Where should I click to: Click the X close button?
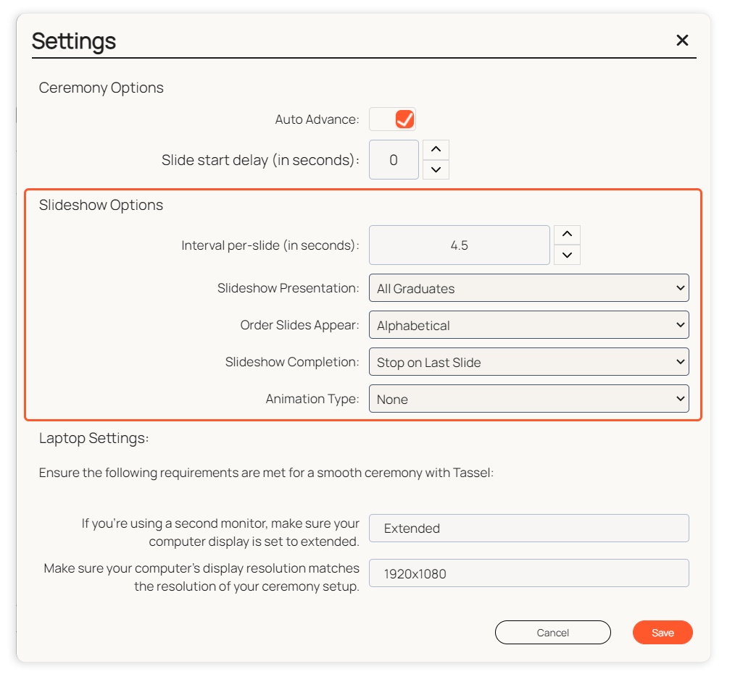pos(682,41)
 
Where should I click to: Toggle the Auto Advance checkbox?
pos(404,119)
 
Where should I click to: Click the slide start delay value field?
pos(394,160)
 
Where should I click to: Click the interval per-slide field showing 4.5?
pos(460,245)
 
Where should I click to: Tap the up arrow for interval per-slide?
pos(567,235)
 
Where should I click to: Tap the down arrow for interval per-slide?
pos(567,255)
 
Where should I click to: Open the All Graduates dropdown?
pos(528,288)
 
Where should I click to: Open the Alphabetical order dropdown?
pos(528,325)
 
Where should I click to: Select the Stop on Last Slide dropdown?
pos(528,362)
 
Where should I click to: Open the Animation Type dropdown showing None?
pos(528,399)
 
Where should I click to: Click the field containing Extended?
pos(528,528)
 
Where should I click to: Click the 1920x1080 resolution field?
pos(528,573)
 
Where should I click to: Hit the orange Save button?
pos(663,633)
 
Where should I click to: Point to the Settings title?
pos(74,41)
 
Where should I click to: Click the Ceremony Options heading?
pos(101,88)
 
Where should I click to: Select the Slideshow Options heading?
pos(101,205)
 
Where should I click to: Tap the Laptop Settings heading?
pos(94,438)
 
